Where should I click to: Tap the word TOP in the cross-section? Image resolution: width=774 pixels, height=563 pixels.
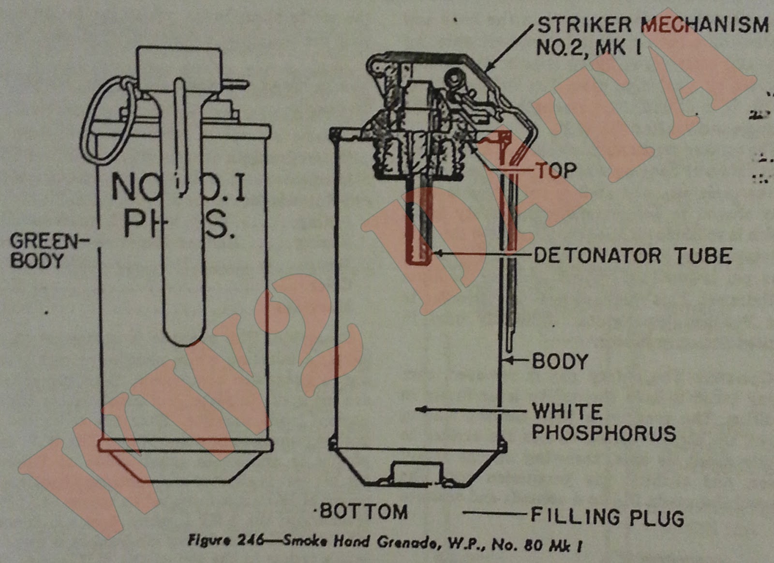pos(555,170)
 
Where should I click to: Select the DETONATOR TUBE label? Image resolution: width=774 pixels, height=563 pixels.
pos(632,256)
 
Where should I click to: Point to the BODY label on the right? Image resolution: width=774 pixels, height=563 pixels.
pos(560,361)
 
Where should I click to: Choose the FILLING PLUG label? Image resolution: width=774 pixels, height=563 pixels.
pos(607,517)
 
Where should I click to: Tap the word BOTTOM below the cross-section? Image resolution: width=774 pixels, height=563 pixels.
pos(364,512)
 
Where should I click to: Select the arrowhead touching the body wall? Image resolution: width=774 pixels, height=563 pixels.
pos(506,360)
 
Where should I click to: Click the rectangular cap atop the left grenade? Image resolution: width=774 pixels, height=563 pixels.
pos(179,68)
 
